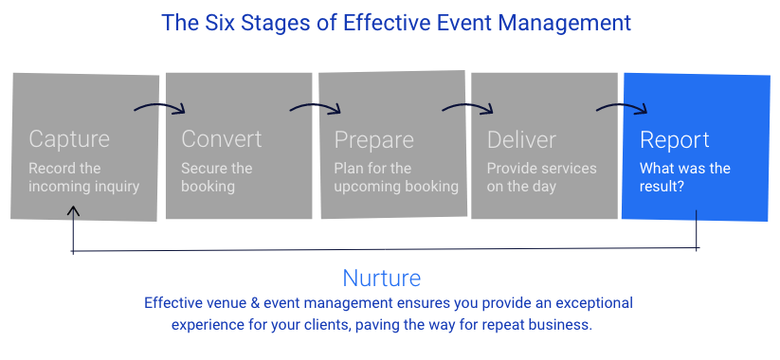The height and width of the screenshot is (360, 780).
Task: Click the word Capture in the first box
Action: (69, 138)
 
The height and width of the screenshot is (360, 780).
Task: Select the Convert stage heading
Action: (222, 138)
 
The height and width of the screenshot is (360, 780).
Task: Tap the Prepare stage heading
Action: (374, 139)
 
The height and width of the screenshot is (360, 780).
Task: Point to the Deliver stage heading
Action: (521, 139)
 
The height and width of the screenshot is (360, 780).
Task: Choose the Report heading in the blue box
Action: (675, 139)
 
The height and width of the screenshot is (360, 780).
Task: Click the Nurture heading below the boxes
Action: (382, 278)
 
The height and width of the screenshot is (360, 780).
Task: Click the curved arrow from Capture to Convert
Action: (160, 106)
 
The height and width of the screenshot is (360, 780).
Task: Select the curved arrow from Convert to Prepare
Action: (316, 106)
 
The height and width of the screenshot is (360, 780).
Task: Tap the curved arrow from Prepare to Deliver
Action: (468, 106)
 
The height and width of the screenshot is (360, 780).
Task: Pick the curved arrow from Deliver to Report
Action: (623, 106)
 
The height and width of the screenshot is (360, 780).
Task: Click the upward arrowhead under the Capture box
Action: (73, 211)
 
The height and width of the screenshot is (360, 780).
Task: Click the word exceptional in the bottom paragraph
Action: (594, 303)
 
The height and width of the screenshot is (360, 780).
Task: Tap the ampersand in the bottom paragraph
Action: (255, 303)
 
